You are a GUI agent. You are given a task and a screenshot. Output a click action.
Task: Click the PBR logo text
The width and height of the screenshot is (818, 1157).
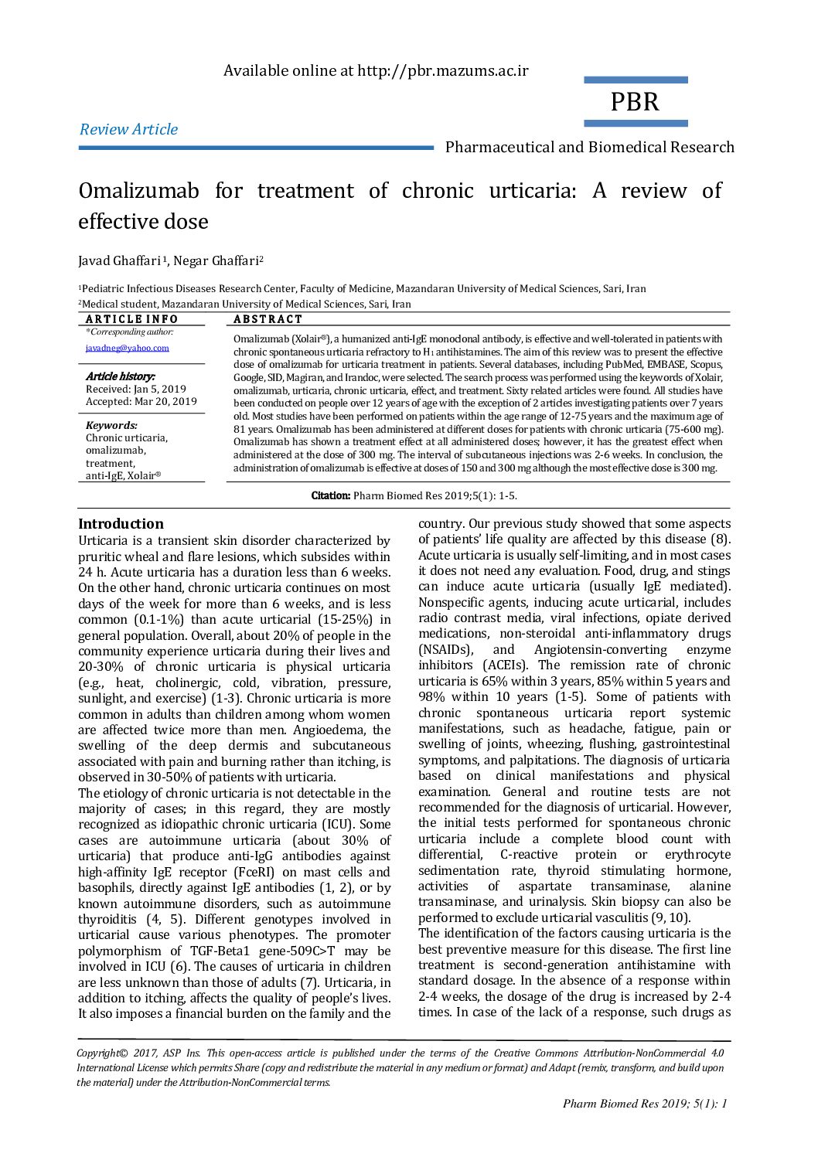click(635, 102)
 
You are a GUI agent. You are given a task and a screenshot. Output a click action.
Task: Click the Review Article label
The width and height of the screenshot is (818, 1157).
click(128, 129)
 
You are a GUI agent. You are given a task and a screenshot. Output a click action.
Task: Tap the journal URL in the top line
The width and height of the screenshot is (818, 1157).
click(442, 71)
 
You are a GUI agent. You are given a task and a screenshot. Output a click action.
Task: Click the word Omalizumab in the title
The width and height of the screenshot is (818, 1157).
click(139, 191)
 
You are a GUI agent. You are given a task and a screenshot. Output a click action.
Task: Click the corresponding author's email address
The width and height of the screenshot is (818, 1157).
click(127, 348)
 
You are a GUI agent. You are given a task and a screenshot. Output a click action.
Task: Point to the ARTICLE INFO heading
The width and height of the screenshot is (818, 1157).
click(131, 319)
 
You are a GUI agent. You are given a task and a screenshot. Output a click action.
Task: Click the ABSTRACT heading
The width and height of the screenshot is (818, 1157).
click(268, 319)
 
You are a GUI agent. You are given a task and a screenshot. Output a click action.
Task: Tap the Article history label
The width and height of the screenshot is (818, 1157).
click(120, 376)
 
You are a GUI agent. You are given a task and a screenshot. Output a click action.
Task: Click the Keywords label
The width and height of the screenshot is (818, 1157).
click(111, 425)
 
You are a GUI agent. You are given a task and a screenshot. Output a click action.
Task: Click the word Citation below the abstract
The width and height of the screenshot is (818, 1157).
click(330, 495)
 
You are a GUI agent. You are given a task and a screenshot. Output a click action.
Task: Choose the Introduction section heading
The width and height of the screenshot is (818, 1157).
click(121, 523)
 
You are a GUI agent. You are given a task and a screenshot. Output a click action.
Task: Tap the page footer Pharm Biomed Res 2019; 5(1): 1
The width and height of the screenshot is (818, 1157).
click(645, 1104)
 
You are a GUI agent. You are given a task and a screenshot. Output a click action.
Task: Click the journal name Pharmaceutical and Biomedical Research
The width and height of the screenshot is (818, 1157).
click(589, 147)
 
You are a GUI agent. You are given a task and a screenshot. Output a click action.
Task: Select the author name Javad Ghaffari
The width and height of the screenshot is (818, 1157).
click(119, 260)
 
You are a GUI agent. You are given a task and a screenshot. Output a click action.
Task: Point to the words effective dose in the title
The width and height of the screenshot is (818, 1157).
click(143, 222)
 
